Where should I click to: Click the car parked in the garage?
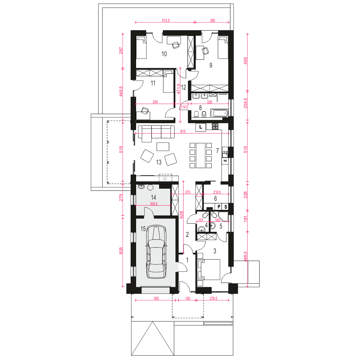(156, 252)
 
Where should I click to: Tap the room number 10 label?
(164, 54)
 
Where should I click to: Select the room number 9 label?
(211, 65)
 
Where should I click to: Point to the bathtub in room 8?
(220, 113)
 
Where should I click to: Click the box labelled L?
(201, 127)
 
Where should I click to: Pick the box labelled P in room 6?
(219, 207)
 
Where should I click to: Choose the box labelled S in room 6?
(226, 207)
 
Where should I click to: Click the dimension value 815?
(183, 132)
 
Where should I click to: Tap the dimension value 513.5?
(166, 21)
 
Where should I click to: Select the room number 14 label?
(153, 197)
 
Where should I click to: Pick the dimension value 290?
(212, 21)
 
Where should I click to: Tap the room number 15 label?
(143, 229)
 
